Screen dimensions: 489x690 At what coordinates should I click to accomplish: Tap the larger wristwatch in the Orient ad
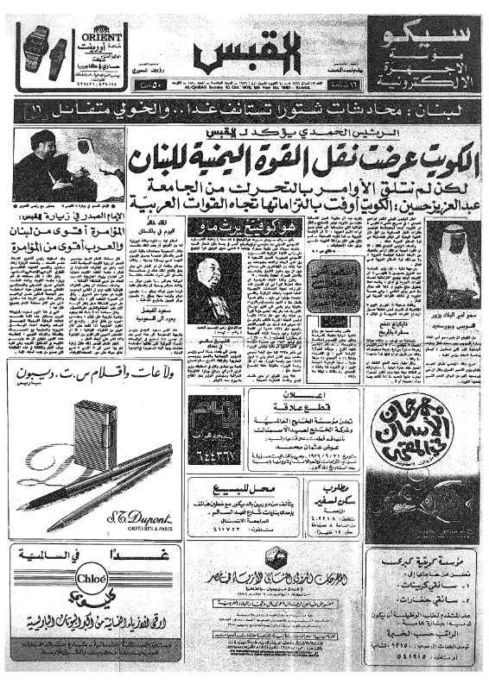tap(36, 49)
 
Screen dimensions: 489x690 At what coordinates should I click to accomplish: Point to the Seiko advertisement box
tap(421, 54)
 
